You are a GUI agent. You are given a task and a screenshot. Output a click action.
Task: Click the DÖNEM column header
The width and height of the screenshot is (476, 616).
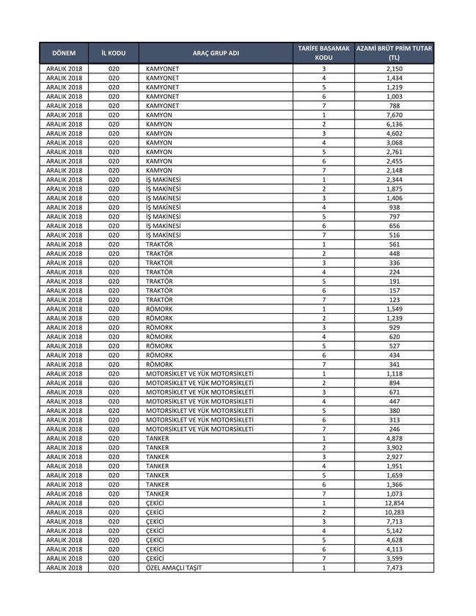[65, 54]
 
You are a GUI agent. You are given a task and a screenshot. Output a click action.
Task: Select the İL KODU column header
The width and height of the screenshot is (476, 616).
[114, 54]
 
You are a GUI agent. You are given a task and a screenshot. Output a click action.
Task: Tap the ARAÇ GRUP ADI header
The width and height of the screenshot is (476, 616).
[216, 54]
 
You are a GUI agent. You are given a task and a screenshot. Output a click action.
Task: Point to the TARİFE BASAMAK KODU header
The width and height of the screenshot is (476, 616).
[323, 54]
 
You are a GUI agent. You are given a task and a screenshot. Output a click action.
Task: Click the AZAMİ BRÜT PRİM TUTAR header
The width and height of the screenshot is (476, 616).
[394, 54]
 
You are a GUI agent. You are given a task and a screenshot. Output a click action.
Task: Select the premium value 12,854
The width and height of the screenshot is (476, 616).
[394, 503]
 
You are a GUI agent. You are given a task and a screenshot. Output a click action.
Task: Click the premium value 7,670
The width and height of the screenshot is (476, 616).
[394, 115]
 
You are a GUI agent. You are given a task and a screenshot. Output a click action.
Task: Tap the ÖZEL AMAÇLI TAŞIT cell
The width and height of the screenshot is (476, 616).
[174, 568]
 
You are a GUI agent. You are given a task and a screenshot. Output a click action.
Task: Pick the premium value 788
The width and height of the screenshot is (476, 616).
[394, 106]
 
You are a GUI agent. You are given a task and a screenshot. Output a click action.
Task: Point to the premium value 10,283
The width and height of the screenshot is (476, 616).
[394, 512]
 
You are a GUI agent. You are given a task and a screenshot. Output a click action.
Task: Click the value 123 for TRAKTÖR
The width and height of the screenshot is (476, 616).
[394, 299]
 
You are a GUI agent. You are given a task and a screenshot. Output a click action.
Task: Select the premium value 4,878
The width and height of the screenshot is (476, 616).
[394, 439]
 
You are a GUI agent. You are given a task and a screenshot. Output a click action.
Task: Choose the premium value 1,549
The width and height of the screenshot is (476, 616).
[394, 309]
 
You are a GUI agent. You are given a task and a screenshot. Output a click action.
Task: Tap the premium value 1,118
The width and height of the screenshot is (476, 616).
[394, 373]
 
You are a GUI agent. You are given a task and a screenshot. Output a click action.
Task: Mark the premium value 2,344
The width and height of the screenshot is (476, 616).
[394, 180]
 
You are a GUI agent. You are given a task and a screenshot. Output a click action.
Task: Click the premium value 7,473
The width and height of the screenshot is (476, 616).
[394, 568]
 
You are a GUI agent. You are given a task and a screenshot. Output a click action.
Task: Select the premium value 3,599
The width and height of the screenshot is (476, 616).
[394, 559]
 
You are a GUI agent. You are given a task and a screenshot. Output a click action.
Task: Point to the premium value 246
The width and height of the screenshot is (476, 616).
[394, 429]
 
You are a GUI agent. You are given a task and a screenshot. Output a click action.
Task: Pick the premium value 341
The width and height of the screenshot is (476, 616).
[394, 364]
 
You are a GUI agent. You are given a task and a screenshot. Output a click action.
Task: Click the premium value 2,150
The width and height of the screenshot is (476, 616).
[394, 68]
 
